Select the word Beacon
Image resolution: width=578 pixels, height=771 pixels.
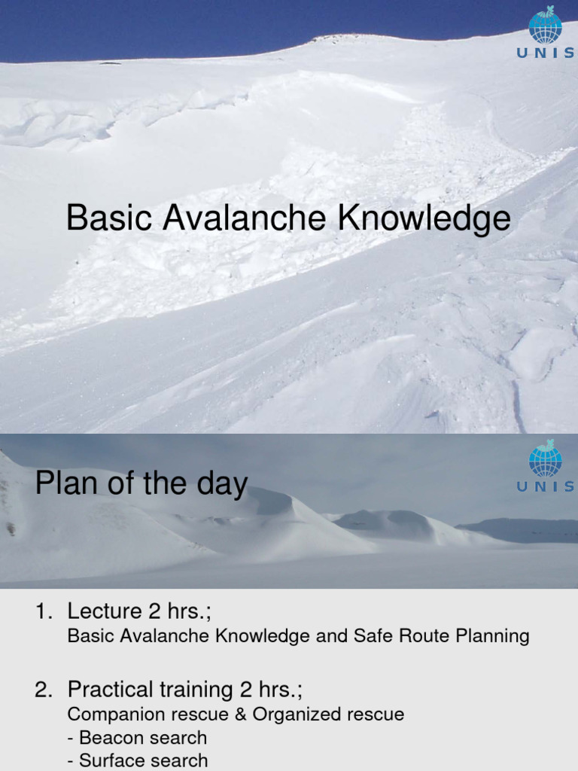pos(108,738)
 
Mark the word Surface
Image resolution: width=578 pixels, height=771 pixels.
pos(110,761)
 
